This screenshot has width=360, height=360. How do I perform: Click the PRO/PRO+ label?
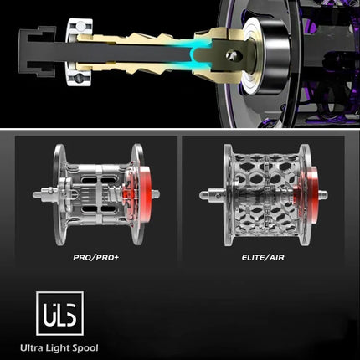(96, 257)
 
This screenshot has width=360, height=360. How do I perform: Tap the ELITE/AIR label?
(263, 257)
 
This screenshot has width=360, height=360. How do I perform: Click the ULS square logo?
(59, 313)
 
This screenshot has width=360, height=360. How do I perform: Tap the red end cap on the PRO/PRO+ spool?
(144, 193)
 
